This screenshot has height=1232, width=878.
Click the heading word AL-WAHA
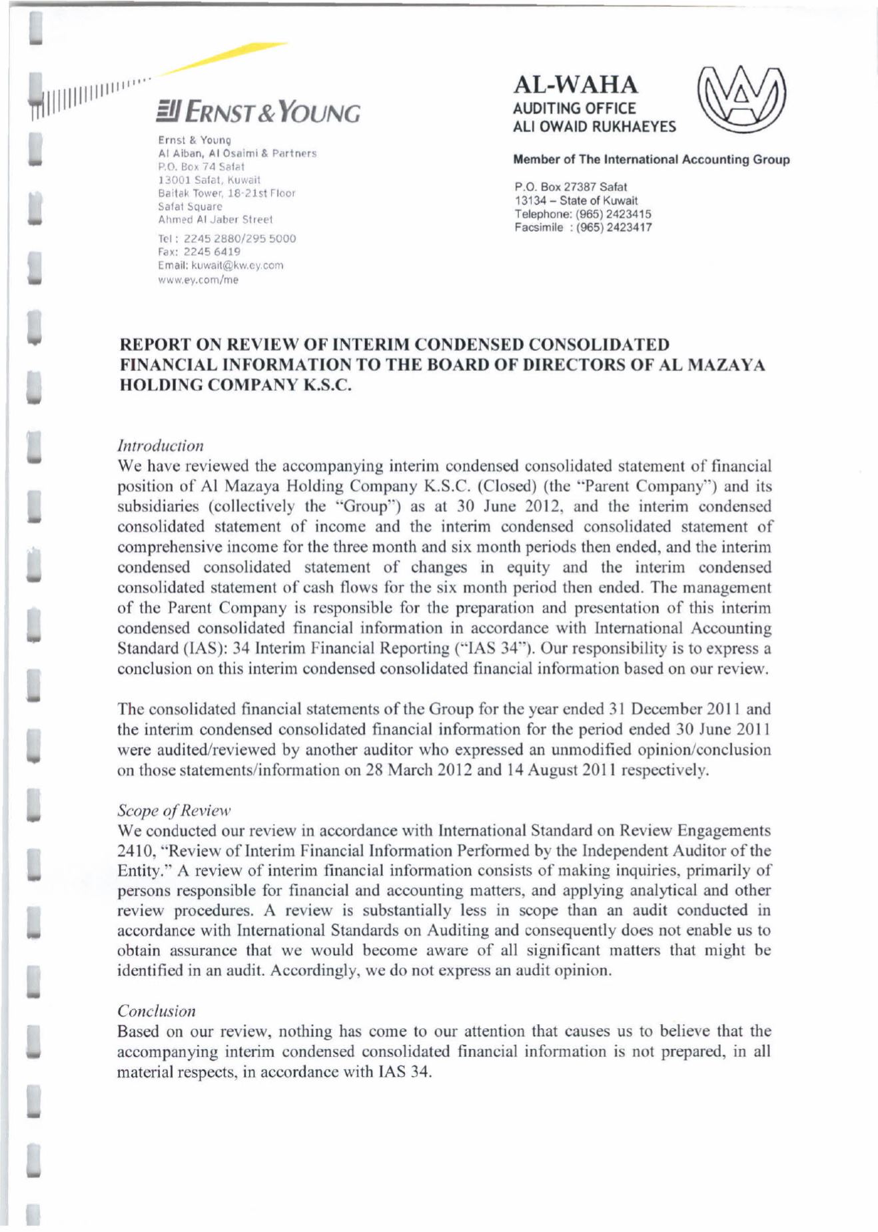click(x=576, y=85)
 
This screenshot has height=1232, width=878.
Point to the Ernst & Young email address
click(x=220, y=265)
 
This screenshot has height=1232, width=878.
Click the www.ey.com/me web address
click(x=198, y=280)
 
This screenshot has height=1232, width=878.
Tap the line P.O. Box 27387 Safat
click(x=570, y=187)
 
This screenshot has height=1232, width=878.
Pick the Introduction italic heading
click(x=161, y=445)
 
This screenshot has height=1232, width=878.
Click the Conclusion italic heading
click(x=157, y=1011)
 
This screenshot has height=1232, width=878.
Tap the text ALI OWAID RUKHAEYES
click(x=594, y=127)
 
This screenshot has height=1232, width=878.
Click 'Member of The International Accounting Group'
click(x=651, y=160)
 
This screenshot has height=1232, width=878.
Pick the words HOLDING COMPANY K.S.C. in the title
click(x=234, y=386)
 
